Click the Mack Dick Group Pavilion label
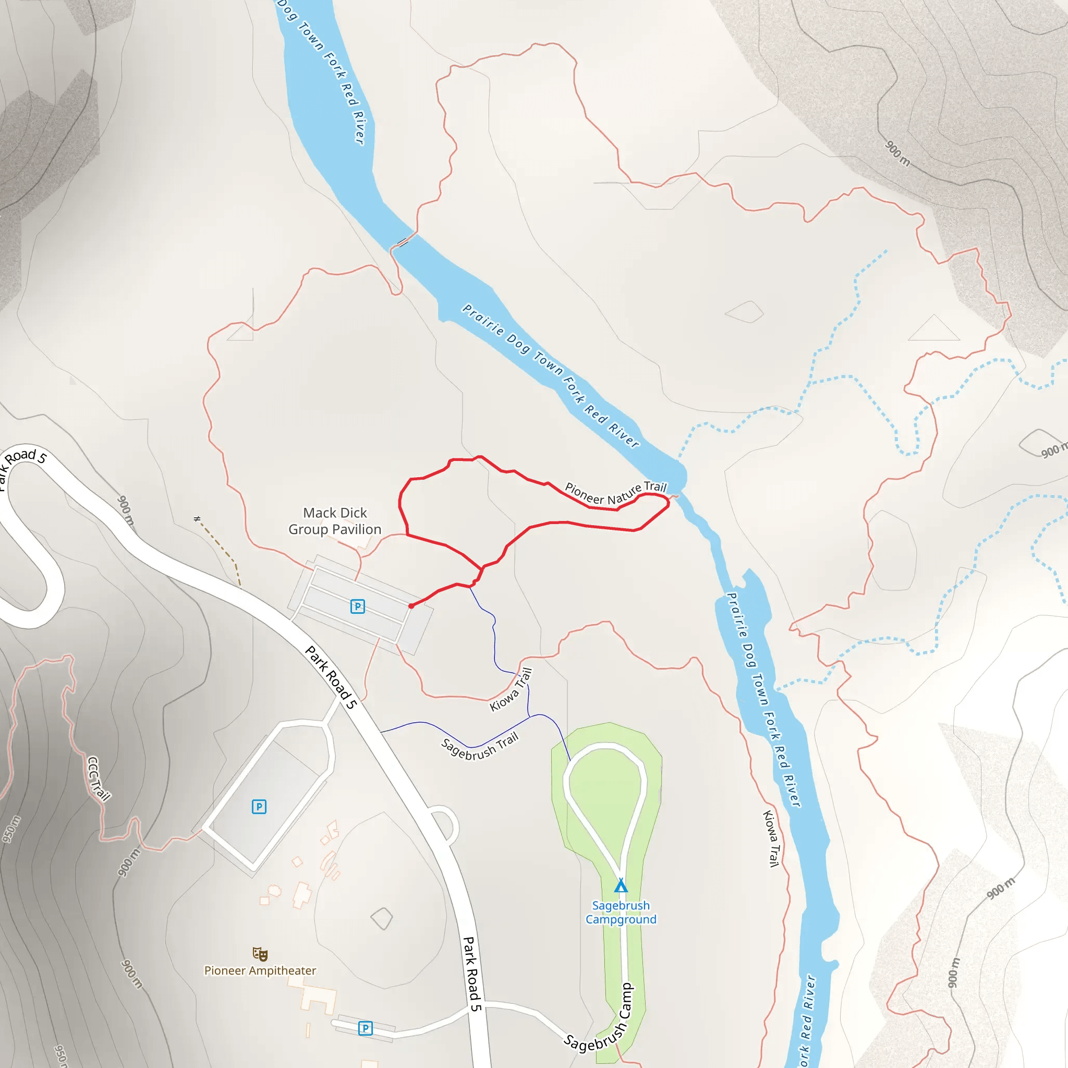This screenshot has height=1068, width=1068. (335, 521)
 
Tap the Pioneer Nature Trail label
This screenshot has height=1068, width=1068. (615, 494)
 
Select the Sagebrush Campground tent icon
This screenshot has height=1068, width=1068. (621, 885)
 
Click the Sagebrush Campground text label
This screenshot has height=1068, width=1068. (621, 912)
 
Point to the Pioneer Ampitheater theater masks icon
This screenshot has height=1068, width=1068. (260, 954)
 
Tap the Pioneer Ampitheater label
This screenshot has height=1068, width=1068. (260, 970)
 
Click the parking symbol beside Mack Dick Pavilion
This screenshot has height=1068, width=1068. (358, 606)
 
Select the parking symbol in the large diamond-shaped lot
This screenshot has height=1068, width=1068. (259, 807)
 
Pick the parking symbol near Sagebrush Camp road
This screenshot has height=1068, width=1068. (365, 1028)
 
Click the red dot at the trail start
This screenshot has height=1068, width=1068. (411, 606)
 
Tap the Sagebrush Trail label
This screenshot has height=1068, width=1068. (480, 746)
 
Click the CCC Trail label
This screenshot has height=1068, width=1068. (99, 779)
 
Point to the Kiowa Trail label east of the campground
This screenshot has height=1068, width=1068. (771, 838)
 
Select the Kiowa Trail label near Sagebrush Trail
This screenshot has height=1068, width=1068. (512, 689)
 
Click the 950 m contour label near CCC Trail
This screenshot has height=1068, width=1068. (11, 829)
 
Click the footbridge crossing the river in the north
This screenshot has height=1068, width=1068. (403, 242)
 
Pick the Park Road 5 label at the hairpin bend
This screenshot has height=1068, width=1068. (22, 463)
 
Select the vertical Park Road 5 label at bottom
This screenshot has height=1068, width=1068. (471, 974)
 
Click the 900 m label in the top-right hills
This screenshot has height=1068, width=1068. (897, 153)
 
